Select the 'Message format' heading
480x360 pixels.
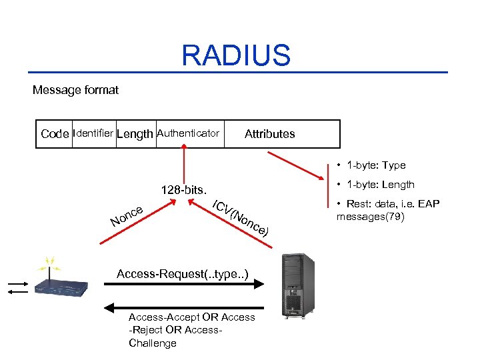pyautogui.click(x=75, y=89)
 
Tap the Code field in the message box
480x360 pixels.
pyautogui.click(x=55, y=134)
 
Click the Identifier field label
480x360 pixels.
pyautogui.click(x=93, y=133)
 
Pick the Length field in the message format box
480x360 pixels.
pyautogui.click(x=134, y=134)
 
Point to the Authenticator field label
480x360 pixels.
pyautogui.click(x=187, y=133)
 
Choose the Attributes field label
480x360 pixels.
pyautogui.click(x=269, y=134)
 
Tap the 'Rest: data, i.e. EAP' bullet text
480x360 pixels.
pyautogui.click(x=388, y=203)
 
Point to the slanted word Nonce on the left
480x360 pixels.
pyautogui.click(x=127, y=214)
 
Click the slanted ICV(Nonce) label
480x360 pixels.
pyautogui.click(x=240, y=218)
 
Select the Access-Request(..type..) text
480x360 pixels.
pyautogui.click(x=183, y=274)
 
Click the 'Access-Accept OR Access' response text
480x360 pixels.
pyautogui.click(x=191, y=317)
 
